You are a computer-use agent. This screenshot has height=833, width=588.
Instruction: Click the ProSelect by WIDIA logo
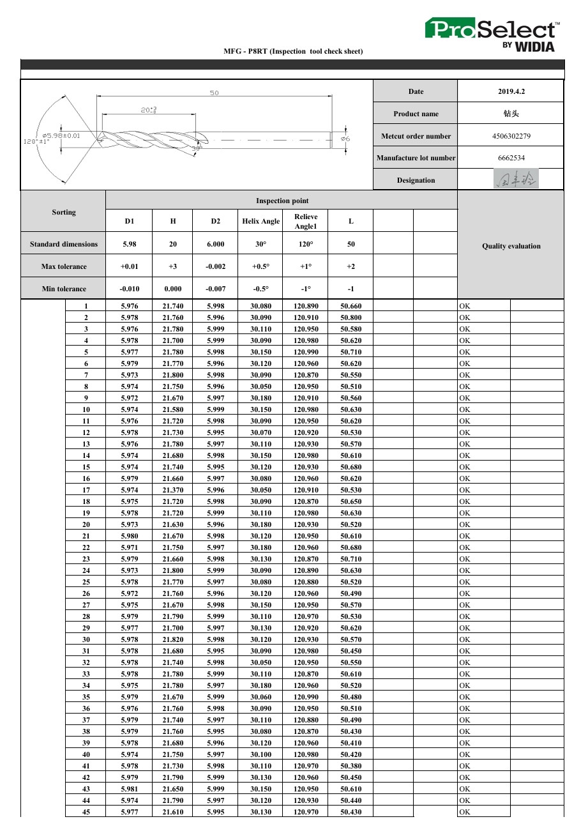(x=492, y=34)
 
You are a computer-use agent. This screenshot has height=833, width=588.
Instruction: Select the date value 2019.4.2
(x=511, y=91)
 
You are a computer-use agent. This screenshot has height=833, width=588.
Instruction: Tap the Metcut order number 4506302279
(x=511, y=136)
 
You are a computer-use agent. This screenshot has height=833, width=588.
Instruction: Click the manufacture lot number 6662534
(x=511, y=158)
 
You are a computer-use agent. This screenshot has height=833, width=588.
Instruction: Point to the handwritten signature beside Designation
(x=516, y=180)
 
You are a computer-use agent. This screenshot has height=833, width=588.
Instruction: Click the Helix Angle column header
(x=260, y=221)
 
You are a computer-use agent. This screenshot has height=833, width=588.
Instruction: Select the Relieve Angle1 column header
(x=306, y=221)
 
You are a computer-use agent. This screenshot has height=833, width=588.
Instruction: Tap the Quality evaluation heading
(x=511, y=246)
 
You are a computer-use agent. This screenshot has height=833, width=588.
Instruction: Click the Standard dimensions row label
(x=64, y=244)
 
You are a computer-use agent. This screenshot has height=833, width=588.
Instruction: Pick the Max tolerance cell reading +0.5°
(x=260, y=266)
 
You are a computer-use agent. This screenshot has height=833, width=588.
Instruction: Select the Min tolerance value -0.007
(x=215, y=289)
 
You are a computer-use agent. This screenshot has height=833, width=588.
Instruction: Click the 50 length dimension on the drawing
(x=215, y=93)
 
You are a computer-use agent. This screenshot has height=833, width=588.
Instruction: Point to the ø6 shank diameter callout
(x=345, y=138)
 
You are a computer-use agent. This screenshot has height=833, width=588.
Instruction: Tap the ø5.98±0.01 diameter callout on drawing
(x=61, y=135)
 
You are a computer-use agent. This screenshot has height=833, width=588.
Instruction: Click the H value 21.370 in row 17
(x=173, y=490)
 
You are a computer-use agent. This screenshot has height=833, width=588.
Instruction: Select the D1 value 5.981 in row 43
(x=130, y=789)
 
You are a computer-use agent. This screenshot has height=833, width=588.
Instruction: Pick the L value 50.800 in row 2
(x=351, y=317)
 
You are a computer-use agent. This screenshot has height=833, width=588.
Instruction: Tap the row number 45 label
(x=86, y=812)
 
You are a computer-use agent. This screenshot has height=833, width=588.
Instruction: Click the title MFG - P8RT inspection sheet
(x=293, y=51)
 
